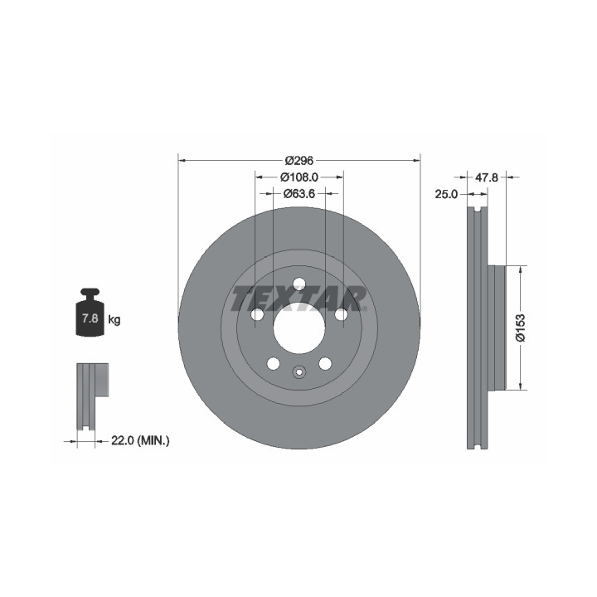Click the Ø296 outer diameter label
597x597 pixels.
(x=298, y=161)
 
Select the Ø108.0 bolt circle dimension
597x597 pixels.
(x=298, y=177)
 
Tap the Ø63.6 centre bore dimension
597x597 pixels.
(x=299, y=194)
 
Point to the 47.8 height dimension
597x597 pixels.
(x=487, y=177)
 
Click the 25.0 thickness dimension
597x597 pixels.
(x=446, y=194)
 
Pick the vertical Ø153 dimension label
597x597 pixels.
(x=520, y=328)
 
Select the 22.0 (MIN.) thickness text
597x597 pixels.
(x=140, y=441)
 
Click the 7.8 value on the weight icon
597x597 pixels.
(x=90, y=318)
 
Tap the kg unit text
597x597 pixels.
(x=114, y=320)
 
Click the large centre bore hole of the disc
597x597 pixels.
(x=299, y=328)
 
